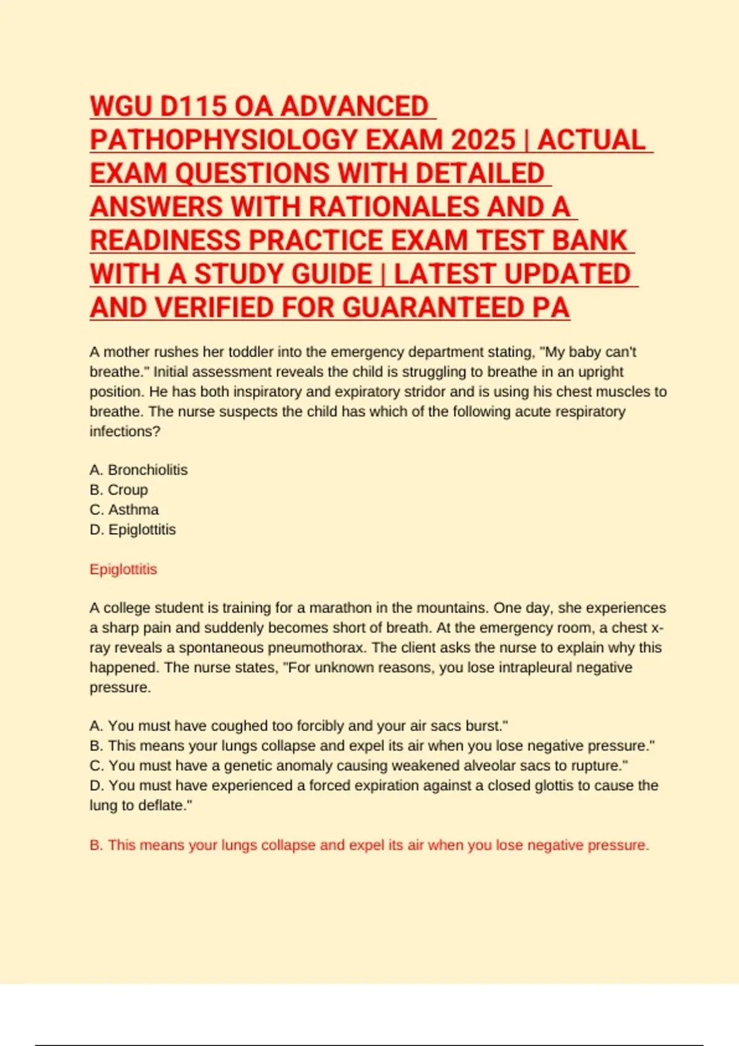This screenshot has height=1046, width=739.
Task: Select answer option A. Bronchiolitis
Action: click(139, 470)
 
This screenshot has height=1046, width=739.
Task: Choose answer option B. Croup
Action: click(119, 490)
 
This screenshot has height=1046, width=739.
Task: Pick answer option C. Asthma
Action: click(124, 509)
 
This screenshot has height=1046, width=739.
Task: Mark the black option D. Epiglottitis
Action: click(132, 530)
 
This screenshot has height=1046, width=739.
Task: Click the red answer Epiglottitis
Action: click(123, 569)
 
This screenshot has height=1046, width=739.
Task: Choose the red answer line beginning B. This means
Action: click(369, 845)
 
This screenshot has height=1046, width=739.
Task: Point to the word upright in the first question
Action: click(601, 372)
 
